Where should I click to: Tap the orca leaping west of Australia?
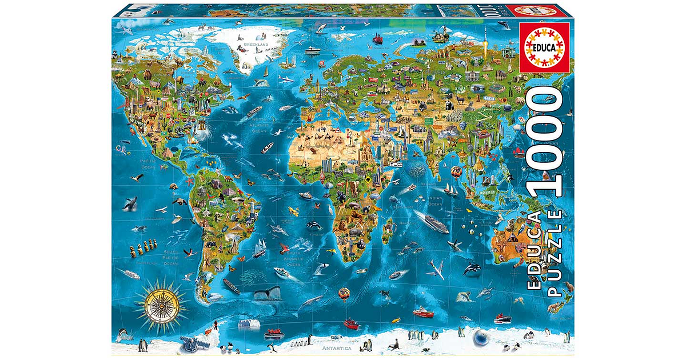[472, 267]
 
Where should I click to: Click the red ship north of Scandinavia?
[377, 39]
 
